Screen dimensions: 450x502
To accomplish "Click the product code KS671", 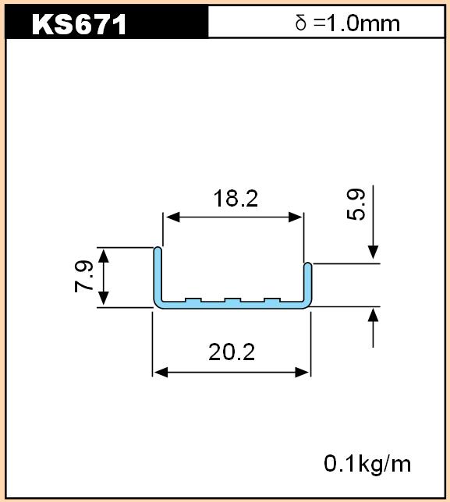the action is click(x=79, y=25).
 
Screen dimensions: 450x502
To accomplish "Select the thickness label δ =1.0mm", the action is click(x=348, y=23).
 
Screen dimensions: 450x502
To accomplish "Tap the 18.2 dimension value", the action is click(x=236, y=199).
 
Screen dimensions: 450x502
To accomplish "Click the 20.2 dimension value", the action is click(x=232, y=352).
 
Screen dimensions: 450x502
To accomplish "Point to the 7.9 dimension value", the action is click(x=84, y=277).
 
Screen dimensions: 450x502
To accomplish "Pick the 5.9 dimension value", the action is click(x=356, y=204).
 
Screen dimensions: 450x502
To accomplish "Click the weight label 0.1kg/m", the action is click(x=367, y=464).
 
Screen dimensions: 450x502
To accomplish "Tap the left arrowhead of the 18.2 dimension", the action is click(x=173, y=217).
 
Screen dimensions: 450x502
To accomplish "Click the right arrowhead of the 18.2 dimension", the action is click(x=295, y=217).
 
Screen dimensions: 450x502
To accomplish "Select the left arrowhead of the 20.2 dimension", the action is click(x=161, y=373).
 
